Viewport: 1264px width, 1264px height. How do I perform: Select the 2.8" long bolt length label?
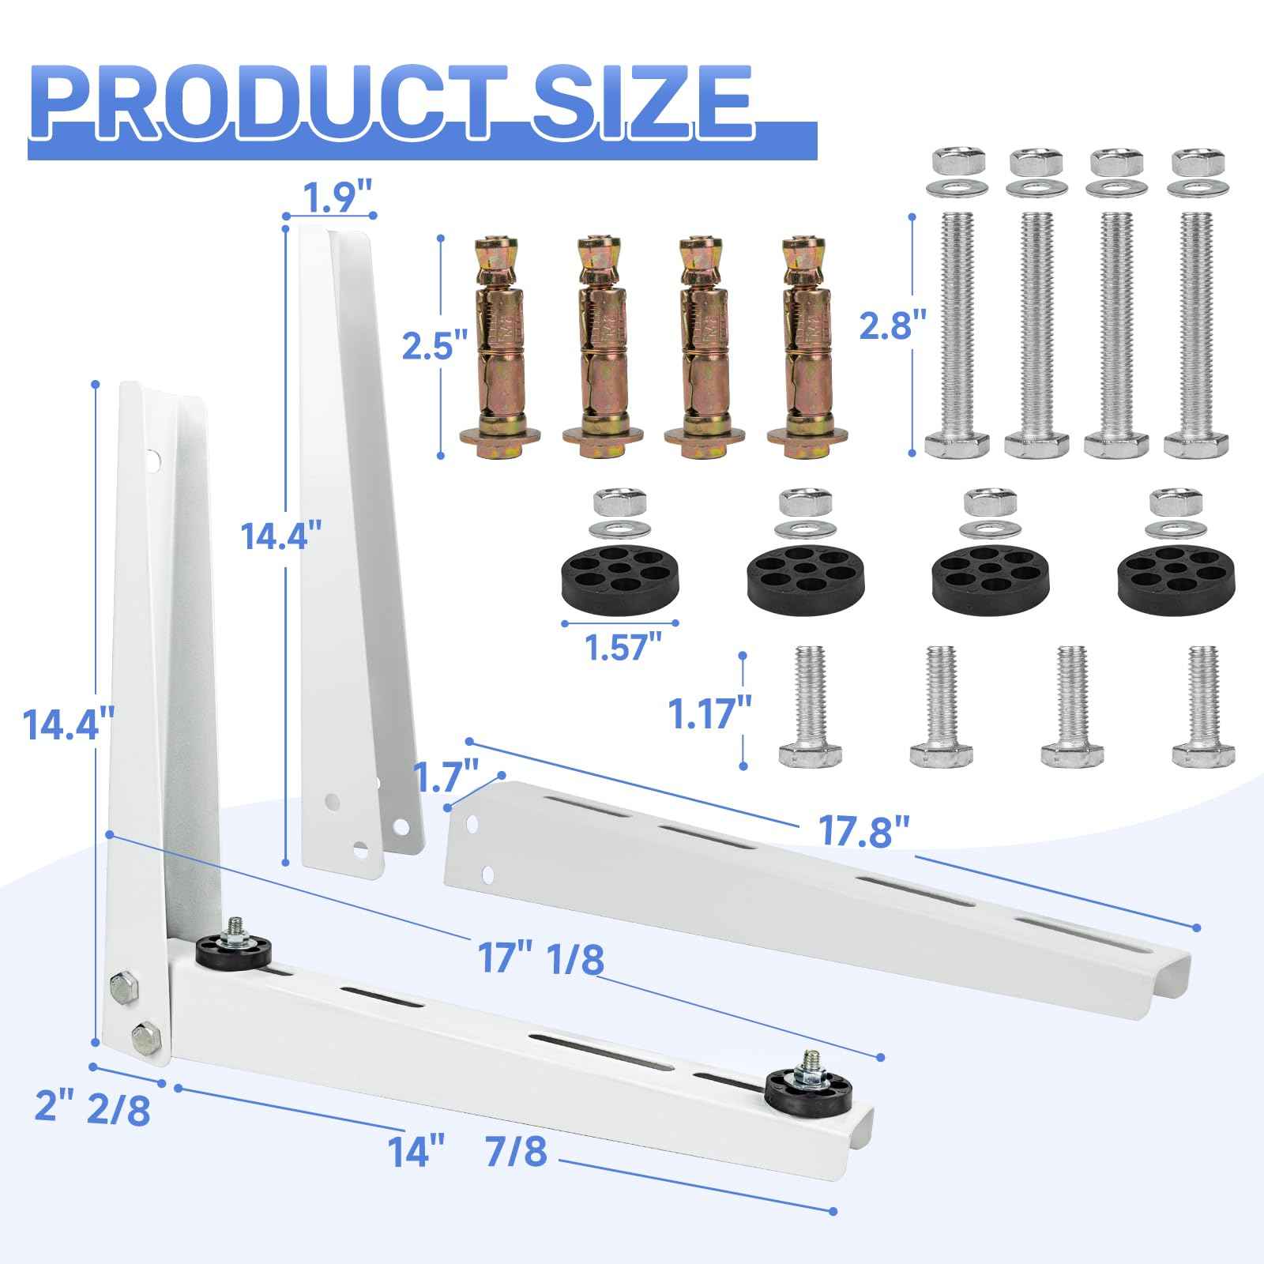(886, 325)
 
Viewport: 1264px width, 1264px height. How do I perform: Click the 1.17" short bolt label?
(699, 713)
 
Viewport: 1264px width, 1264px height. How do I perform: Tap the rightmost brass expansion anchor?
(807, 347)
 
